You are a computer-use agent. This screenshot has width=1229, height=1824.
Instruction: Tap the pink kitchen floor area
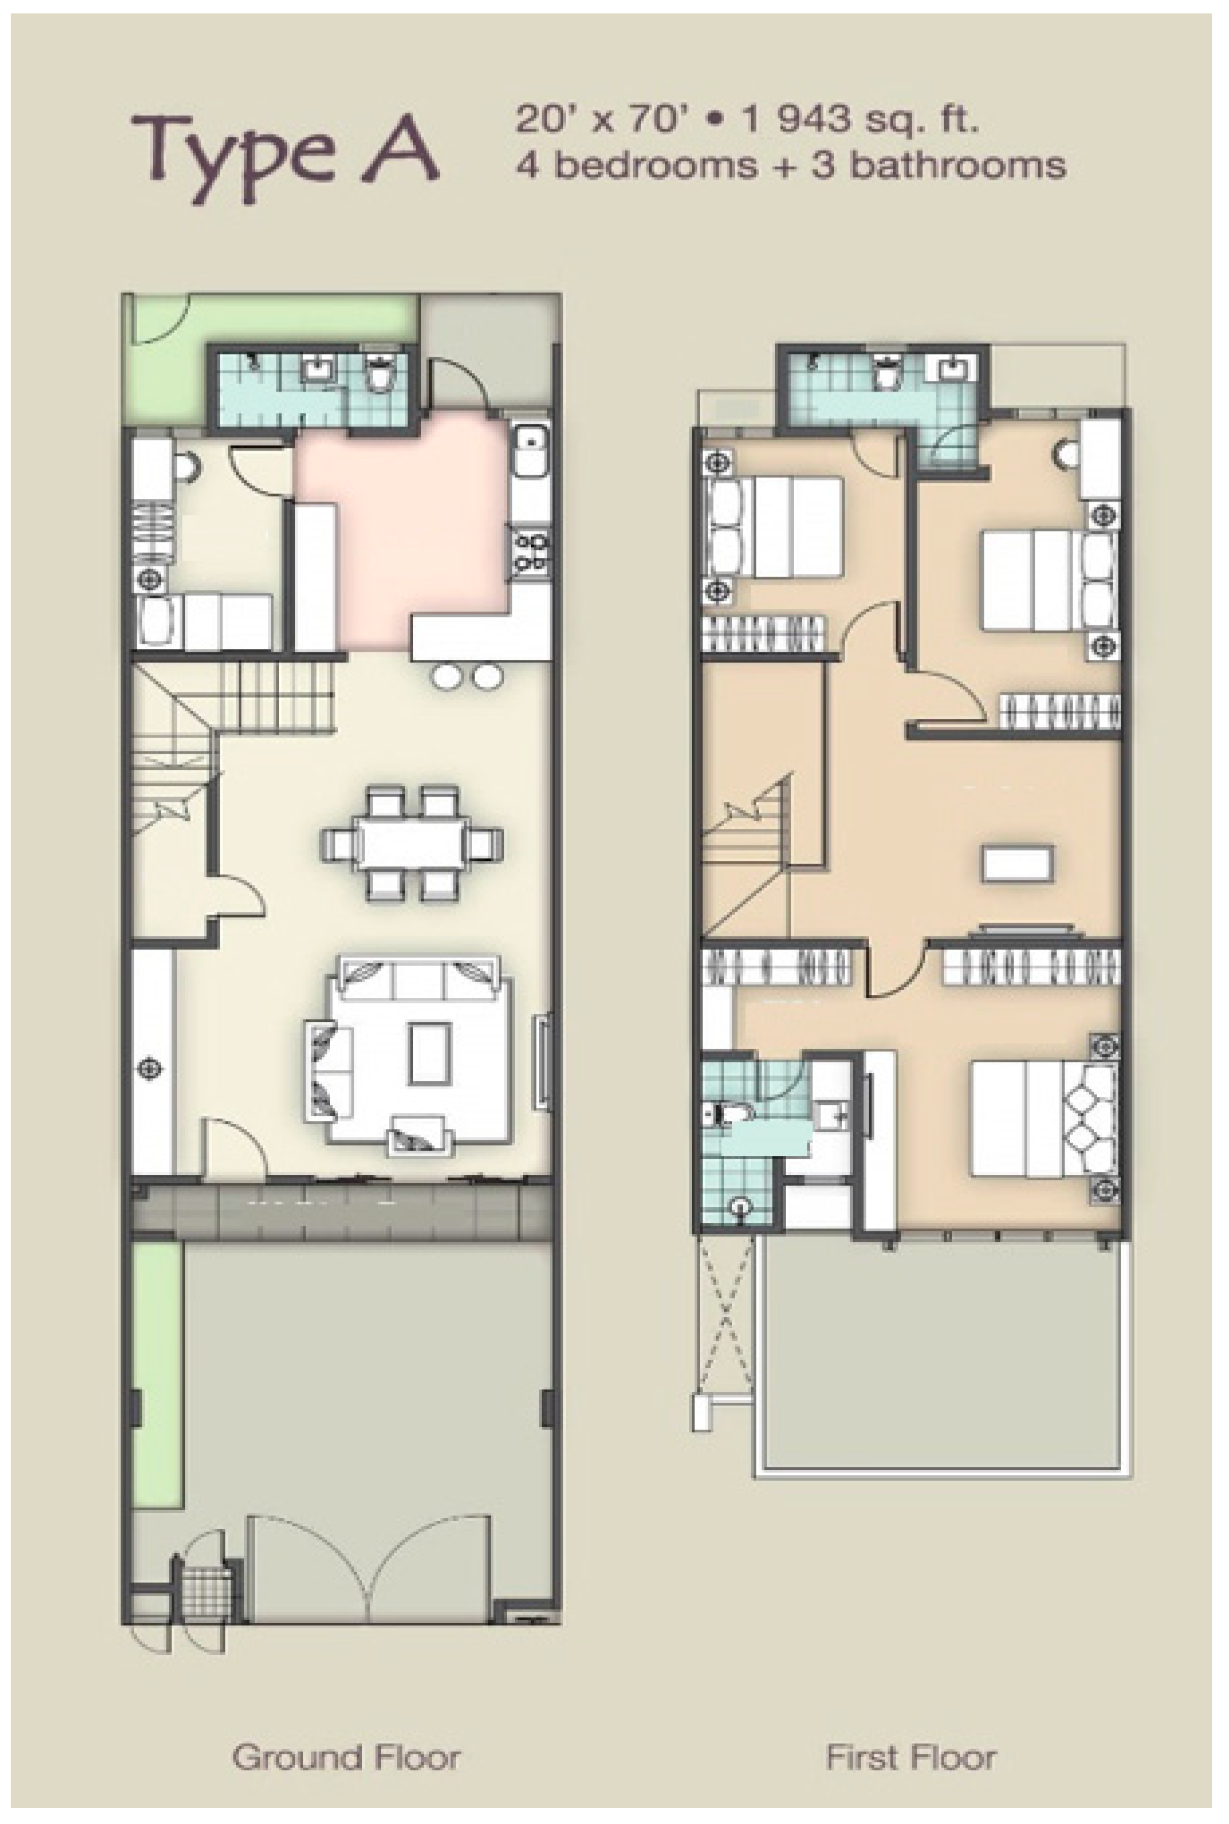click(x=400, y=533)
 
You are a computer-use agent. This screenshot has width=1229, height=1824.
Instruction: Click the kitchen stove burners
click(x=532, y=553)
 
